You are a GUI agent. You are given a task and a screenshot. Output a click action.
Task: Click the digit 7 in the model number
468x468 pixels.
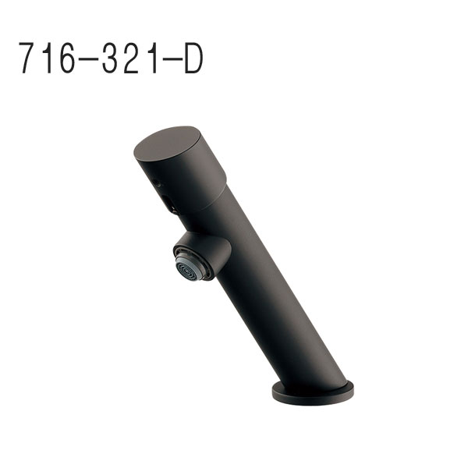pyautogui.click(x=28, y=58)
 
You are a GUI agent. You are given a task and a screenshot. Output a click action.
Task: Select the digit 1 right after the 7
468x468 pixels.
pyautogui.click(x=48, y=58)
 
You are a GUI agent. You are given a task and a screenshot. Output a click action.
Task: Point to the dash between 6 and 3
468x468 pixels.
pyautogui.click(x=88, y=59)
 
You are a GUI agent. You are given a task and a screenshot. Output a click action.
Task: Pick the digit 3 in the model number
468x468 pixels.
pyautogui.click(x=110, y=58)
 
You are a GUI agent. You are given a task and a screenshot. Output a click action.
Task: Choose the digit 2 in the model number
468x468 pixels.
pyautogui.click(x=131, y=58)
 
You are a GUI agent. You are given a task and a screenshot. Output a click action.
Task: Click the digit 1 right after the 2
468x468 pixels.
pyautogui.click(x=153, y=58)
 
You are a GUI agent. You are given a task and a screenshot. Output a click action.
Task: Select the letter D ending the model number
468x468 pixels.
pyautogui.click(x=194, y=58)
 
